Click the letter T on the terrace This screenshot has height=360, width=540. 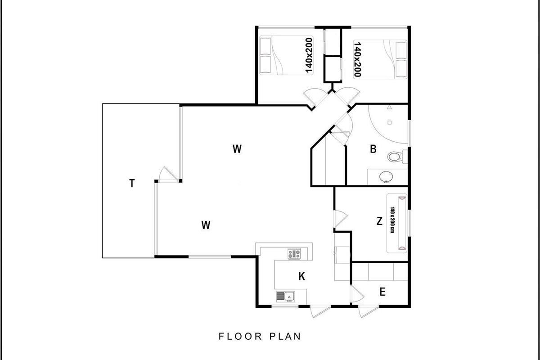click(132, 183)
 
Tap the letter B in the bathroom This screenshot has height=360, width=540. click(373, 149)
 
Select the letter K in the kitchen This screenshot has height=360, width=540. click(302, 276)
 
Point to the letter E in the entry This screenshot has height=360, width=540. click(382, 292)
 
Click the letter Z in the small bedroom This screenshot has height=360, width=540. click(379, 221)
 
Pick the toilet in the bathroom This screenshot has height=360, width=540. click(397, 157)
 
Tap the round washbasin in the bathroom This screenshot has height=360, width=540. click(386, 177)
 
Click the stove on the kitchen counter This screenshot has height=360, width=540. click(294, 254)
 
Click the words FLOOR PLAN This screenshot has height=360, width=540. click(260, 336)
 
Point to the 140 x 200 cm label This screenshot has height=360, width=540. click(392, 220)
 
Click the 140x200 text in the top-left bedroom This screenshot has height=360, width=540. click(309, 55)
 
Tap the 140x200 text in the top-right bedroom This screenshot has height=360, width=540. click(357, 59)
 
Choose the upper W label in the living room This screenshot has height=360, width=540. click(237, 149)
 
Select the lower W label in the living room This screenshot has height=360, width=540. click(206, 225)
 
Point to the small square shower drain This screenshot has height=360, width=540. click(390, 123)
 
